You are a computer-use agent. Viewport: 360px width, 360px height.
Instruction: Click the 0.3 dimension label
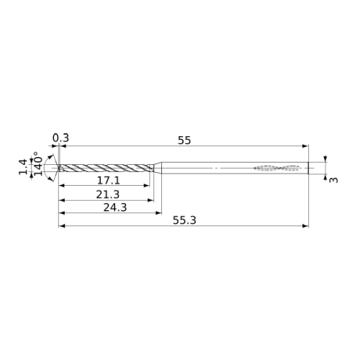[60, 138]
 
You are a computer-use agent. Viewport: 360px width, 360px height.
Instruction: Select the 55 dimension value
[184, 140]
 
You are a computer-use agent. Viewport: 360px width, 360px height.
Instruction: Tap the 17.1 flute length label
[108, 180]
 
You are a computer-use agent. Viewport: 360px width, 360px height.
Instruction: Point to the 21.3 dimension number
[108, 194]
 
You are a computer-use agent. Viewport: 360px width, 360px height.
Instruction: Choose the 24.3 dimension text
[115, 207]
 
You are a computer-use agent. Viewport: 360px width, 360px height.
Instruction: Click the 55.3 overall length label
[184, 220]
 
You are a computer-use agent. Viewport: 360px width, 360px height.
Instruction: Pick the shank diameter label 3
[333, 180]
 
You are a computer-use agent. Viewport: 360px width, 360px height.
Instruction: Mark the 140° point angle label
[38, 163]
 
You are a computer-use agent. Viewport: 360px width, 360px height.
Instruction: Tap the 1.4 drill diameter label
[24, 166]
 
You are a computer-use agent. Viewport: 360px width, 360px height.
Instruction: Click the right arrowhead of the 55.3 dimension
[305, 226]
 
